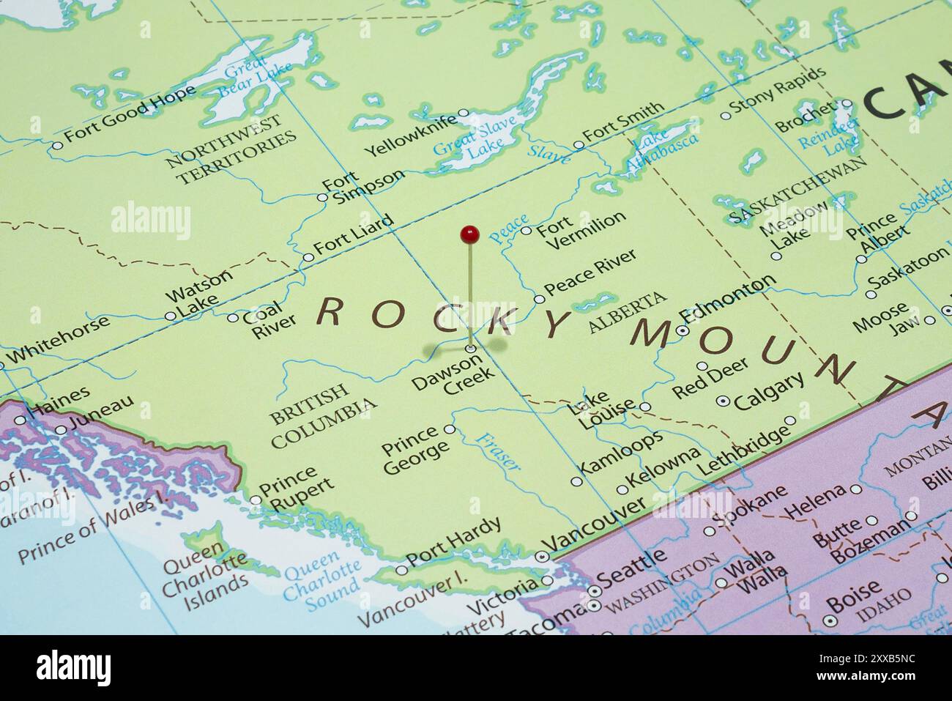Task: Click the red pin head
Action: (469, 234)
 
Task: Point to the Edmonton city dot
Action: (683, 331)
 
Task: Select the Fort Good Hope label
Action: (130, 114)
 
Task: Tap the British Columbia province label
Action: (322, 414)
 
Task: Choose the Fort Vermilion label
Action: (582, 229)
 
